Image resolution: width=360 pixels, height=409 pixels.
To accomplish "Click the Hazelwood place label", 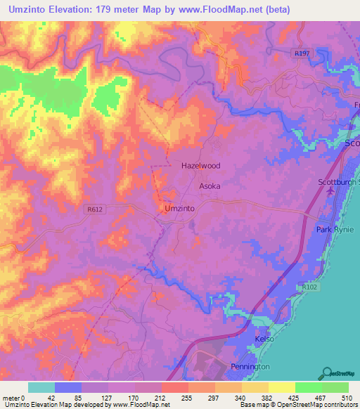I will pyautogui.click(x=200, y=166).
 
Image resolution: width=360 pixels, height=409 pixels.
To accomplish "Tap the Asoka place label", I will pyautogui.click(x=210, y=186).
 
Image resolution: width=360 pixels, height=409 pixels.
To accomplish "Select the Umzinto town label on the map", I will pyautogui.click(x=179, y=209).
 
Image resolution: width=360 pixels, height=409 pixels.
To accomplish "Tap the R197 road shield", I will pyautogui.click(x=302, y=53).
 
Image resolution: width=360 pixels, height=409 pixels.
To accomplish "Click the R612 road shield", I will pyautogui.click(x=96, y=209).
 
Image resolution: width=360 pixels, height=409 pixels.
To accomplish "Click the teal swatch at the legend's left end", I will pyautogui.click(x=41, y=387).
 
